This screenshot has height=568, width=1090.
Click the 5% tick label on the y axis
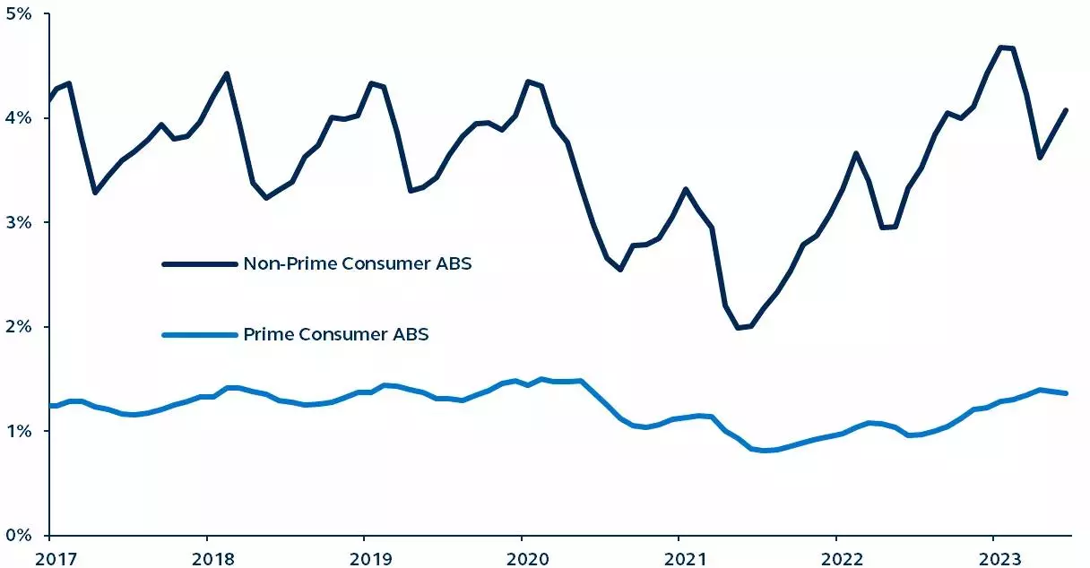[x=20, y=14]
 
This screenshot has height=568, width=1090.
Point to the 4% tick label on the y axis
[x=20, y=118]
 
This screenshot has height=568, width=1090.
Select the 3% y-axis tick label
[x=20, y=222]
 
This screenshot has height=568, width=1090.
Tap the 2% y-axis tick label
[x=20, y=327]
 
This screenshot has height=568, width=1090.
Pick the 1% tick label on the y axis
[x=20, y=431]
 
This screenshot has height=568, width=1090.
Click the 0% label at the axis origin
[x=20, y=535]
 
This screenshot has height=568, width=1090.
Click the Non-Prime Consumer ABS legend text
[x=357, y=264]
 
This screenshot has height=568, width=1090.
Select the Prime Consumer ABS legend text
[x=335, y=334]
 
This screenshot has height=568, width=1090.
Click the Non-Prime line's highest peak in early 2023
[x=1001, y=47]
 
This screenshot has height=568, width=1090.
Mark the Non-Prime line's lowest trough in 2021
[x=738, y=328]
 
